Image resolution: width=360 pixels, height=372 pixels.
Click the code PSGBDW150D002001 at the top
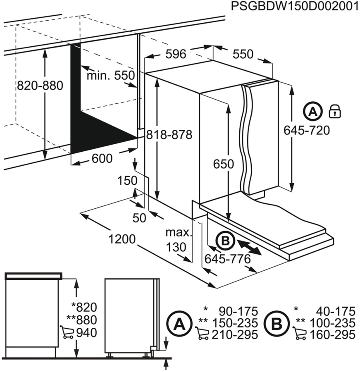295,6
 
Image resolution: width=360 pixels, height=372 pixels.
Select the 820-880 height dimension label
40,86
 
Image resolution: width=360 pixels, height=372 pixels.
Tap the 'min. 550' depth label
111,75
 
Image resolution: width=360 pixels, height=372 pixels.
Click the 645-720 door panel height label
307,130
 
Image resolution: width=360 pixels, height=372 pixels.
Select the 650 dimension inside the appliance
224,164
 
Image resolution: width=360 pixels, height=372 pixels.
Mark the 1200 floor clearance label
122,239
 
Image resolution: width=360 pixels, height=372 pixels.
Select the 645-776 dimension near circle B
228,259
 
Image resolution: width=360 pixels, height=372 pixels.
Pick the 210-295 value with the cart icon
234,334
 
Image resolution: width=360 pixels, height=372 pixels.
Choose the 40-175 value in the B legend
335,311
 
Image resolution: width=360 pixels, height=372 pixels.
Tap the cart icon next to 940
67,332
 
